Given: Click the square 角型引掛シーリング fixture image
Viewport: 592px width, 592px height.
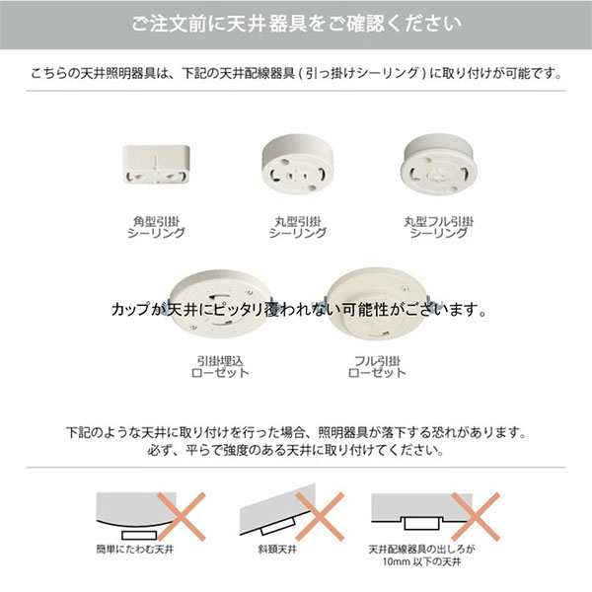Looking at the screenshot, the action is pos(156,164).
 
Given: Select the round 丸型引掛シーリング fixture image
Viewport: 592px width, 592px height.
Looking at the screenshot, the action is pos(297,164).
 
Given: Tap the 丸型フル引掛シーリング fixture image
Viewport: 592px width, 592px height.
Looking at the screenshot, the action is pos(438,164).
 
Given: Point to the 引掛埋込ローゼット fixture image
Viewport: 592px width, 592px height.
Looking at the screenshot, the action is pos(220,304).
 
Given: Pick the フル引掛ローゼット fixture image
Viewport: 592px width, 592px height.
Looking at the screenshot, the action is pos(379,304).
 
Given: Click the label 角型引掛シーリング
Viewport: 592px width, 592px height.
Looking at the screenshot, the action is pos(156,227).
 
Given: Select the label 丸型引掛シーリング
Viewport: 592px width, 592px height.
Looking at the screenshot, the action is pos(298,227).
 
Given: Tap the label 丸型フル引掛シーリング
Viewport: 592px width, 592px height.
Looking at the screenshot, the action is pos(438,227).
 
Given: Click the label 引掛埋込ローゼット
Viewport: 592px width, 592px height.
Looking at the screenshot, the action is pos(220,367).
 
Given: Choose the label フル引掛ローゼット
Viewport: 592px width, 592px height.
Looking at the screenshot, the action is pos(377,367).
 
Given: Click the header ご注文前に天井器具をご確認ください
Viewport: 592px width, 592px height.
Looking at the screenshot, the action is pos(296,24).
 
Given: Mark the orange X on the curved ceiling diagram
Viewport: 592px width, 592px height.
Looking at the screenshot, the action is pos(182,516).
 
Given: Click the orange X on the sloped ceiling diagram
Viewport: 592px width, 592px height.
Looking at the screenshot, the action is pos(320,516).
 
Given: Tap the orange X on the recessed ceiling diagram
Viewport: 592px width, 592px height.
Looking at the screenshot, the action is pos(476,516).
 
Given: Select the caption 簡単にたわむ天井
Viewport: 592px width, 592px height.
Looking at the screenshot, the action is pos(135,549).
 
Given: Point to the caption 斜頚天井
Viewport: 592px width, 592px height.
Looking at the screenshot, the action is pos(277,549).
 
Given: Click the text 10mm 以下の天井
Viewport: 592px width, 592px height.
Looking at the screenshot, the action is pos(421,561).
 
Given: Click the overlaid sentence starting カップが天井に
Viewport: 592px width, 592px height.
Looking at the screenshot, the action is pos(298,310).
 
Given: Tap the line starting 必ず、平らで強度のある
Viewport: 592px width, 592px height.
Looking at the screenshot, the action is pos(296,450).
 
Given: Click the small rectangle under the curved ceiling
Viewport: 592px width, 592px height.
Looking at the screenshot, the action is pos(139,535).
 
